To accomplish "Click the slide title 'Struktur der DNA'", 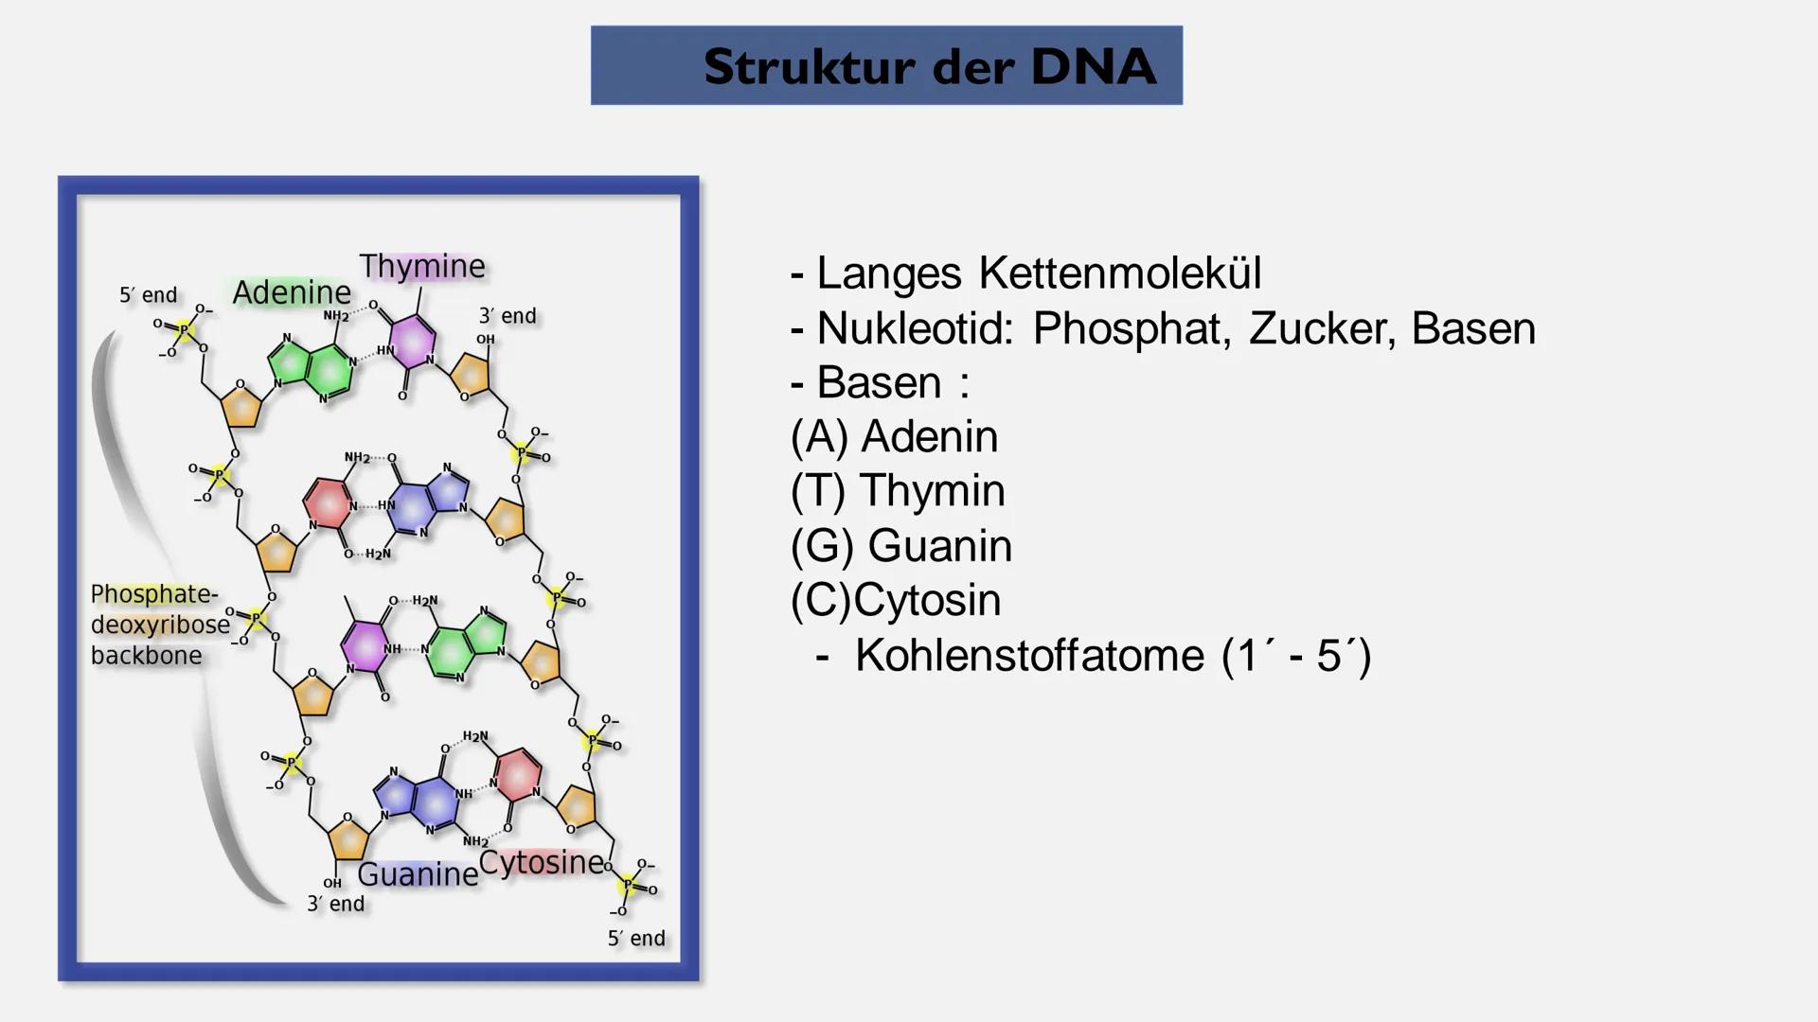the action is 930,66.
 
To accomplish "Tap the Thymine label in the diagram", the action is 422,266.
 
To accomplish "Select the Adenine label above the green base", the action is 292,292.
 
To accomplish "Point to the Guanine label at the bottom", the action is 418,874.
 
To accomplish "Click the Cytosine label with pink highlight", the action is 542,863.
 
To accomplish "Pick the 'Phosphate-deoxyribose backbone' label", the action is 160,625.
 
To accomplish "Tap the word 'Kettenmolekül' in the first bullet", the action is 1120,273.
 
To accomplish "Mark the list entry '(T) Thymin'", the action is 898,491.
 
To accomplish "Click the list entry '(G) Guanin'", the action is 901,546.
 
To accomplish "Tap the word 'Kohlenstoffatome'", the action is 1030,656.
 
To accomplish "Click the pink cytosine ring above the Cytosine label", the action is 517,773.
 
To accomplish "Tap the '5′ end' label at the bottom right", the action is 636,939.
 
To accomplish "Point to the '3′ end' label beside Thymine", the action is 508,316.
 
